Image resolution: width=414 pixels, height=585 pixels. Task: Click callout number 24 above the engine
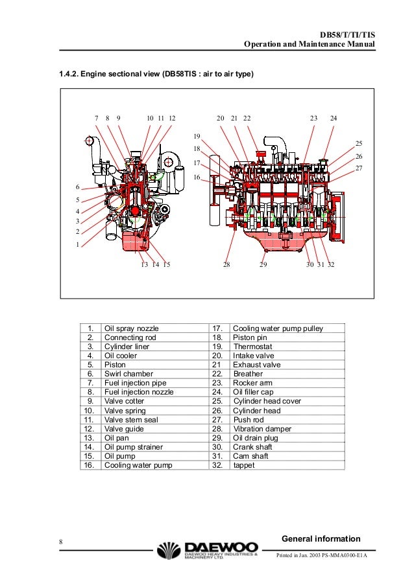click(334, 119)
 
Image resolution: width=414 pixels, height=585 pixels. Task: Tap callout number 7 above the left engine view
click(96, 119)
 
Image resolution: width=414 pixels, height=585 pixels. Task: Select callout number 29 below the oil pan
click(263, 265)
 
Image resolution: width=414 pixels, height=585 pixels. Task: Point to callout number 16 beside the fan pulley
click(197, 177)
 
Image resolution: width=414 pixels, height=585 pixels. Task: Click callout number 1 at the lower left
click(77, 245)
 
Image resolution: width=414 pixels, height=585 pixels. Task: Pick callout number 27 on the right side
click(359, 169)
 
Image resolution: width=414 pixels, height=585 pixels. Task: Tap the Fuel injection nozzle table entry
click(139, 392)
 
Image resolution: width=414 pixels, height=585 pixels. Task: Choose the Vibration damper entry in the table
click(262, 429)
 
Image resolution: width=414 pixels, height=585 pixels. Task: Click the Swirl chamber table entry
click(128, 374)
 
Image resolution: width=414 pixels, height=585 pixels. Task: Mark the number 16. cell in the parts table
click(90, 465)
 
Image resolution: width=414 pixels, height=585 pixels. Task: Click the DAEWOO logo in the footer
click(207, 552)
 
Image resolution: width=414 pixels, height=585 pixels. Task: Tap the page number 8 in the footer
click(60, 542)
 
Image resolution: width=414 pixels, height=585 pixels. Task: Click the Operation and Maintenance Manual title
click(310, 45)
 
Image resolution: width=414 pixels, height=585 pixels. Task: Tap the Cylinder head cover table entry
click(267, 401)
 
